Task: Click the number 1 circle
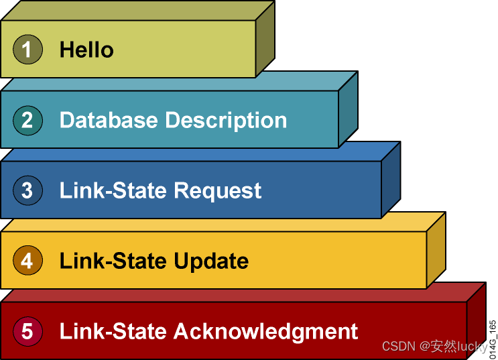coord(27,50)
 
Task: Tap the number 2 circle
coord(27,120)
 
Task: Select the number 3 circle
coord(27,190)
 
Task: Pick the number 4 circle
coord(27,260)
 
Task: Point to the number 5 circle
coord(27,331)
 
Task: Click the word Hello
coord(86,50)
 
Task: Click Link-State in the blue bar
coord(113,190)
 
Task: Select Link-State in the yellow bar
coord(113,261)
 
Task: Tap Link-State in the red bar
coord(113,331)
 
